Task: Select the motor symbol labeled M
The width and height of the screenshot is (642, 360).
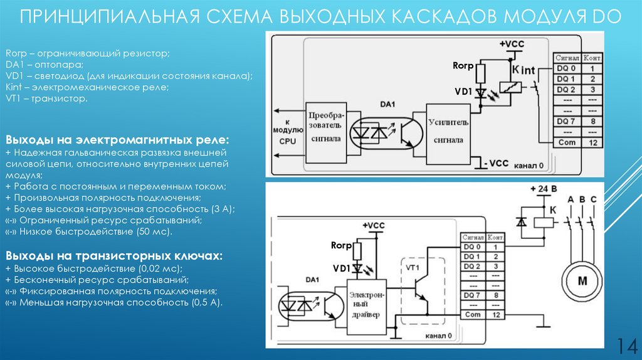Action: [581, 280]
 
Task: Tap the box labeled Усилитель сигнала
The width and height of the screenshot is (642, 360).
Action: [447, 129]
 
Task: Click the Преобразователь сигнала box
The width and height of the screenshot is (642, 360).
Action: [324, 128]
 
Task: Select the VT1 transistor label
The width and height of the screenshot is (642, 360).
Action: [412, 268]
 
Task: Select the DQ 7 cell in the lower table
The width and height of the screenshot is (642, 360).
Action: [471, 295]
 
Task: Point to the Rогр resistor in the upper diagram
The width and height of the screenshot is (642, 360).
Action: [481, 75]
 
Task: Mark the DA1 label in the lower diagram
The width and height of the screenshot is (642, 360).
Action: [312, 278]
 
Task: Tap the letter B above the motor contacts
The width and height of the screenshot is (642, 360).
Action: [583, 200]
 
